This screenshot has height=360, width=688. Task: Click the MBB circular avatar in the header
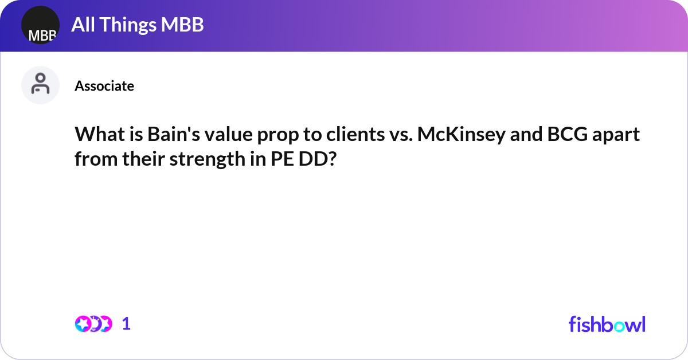(x=40, y=25)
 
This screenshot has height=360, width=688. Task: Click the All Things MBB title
(x=138, y=25)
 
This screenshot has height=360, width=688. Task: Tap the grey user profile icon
(x=40, y=85)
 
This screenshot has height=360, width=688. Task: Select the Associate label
(x=104, y=86)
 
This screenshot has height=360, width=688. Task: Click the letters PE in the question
(x=279, y=159)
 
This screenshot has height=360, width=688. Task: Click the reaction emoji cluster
(x=93, y=324)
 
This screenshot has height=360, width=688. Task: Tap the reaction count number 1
(x=126, y=324)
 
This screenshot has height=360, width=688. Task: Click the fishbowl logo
(x=607, y=324)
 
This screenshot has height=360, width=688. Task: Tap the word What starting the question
(x=98, y=136)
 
